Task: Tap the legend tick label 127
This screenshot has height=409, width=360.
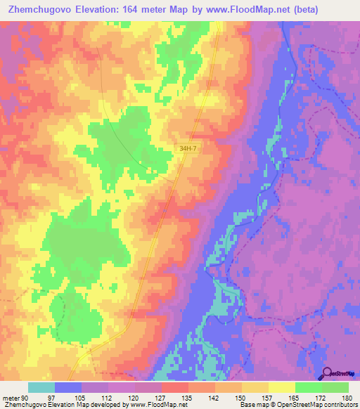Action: [x=161, y=398]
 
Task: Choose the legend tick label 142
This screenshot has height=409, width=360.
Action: [x=214, y=398]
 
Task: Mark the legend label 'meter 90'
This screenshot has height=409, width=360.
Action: [x=15, y=398]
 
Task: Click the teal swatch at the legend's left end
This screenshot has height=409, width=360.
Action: [x=41, y=387]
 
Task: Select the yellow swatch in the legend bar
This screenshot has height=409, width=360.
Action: [x=281, y=387]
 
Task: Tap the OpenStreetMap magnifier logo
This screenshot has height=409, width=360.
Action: [x=328, y=373]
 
